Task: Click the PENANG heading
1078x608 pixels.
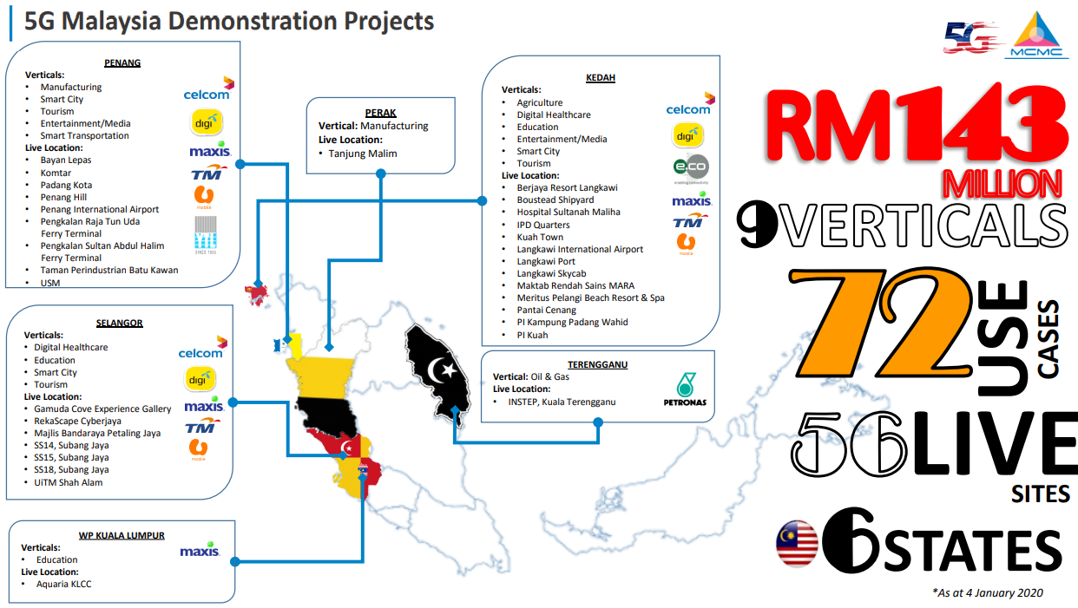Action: pyautogui.click(x=122, y=62)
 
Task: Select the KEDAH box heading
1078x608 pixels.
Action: pyautogui.click(x=601, y=77)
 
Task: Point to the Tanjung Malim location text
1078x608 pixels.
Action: pyautogui.click(x=362, y=154)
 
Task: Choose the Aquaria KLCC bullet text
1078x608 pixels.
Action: pyautogui.click(x=63, y=584)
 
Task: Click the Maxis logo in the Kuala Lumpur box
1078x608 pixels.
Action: pyautogui.click(x=200, y=551)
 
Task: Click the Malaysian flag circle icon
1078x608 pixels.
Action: pyautogui.click(x=797, y=544)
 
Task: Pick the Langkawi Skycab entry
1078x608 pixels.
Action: pyautogui.click(x=551, y=273)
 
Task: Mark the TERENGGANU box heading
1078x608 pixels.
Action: pyautogui.click(x=597, y=364)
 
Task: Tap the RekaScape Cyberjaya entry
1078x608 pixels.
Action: pyautogui.click(x=77, y=421)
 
